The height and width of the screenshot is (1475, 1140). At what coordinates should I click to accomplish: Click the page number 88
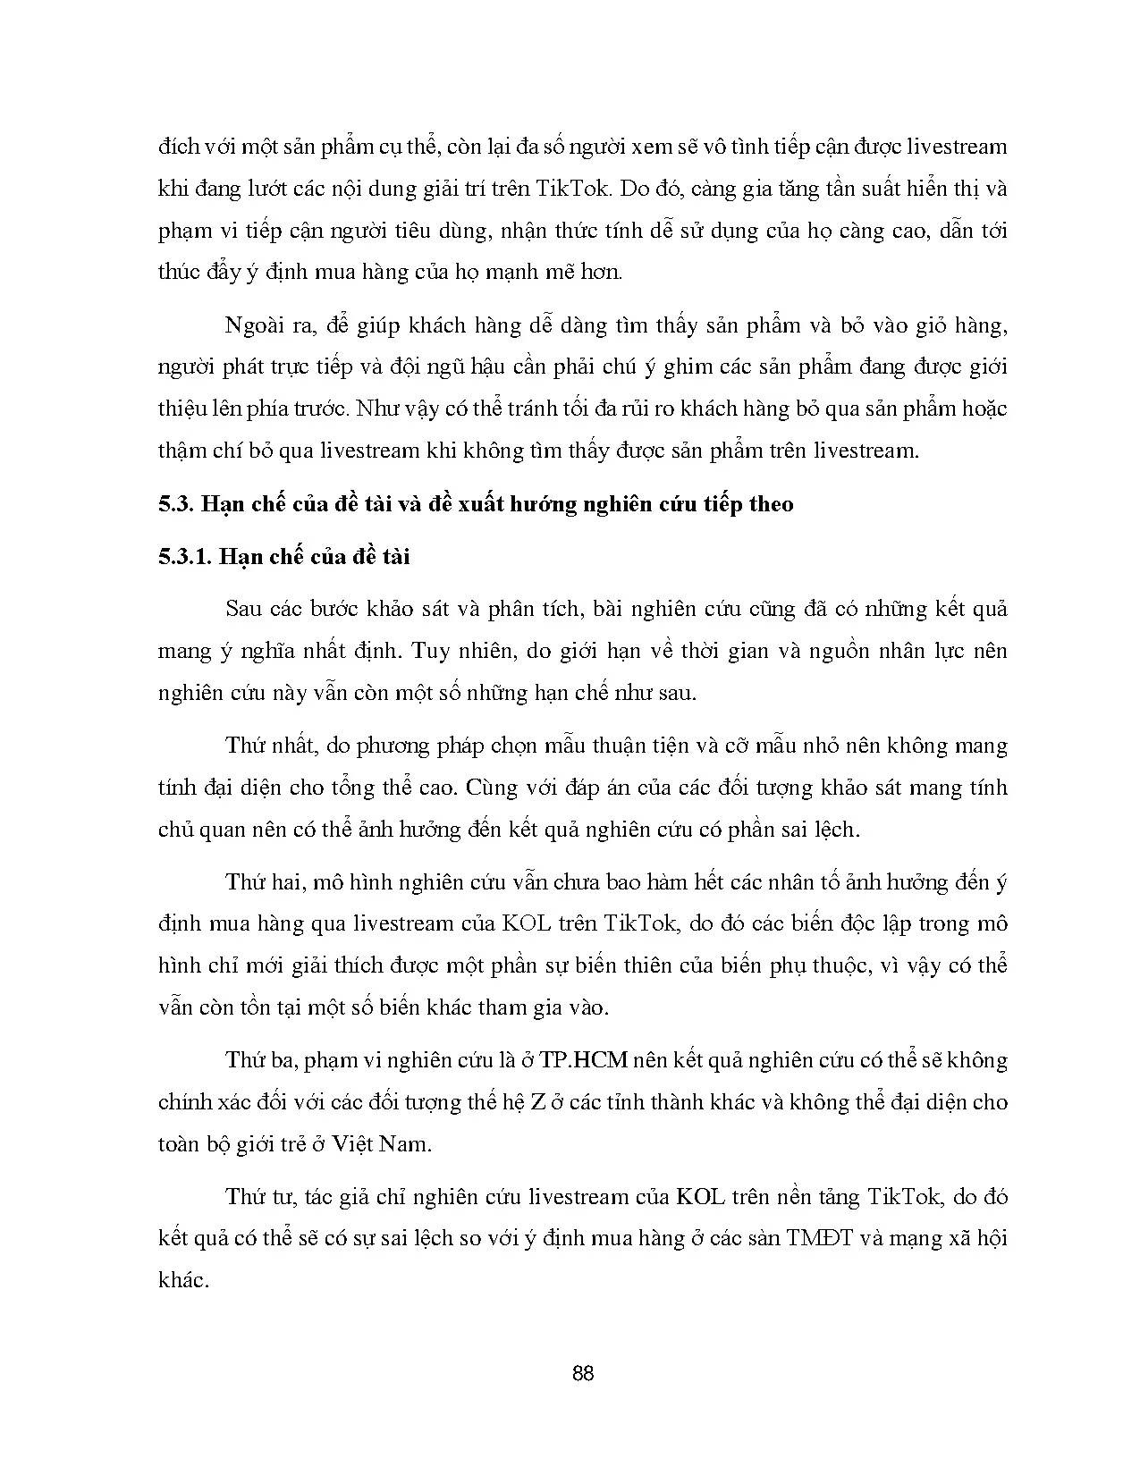(x=582, y=1373)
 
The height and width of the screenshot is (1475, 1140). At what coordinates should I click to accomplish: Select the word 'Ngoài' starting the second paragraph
(x=256, y=325)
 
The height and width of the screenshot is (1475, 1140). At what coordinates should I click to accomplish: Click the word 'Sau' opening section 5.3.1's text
(x=243, y=609)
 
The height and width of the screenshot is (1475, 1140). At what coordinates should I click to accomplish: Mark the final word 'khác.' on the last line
(x=182, y=1280)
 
